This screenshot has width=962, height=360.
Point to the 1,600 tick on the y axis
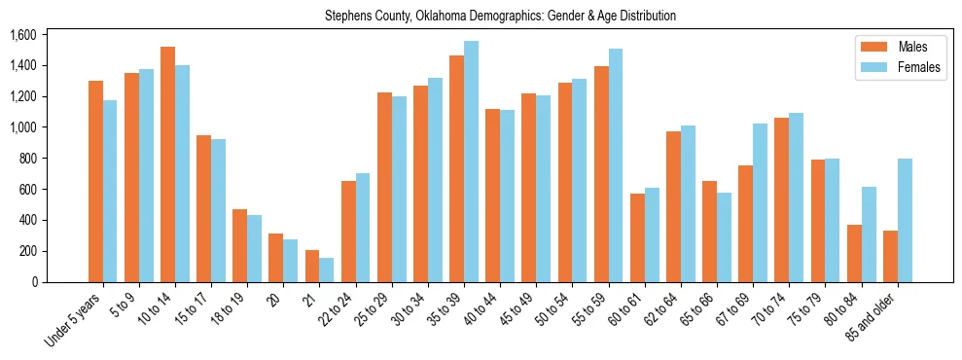click(x=22, y=35)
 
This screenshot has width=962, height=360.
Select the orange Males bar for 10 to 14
click(x=167, y=164)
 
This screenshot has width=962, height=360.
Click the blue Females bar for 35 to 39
click(x=471, y=162)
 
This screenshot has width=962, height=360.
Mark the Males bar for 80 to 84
click(x=854, y=253)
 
